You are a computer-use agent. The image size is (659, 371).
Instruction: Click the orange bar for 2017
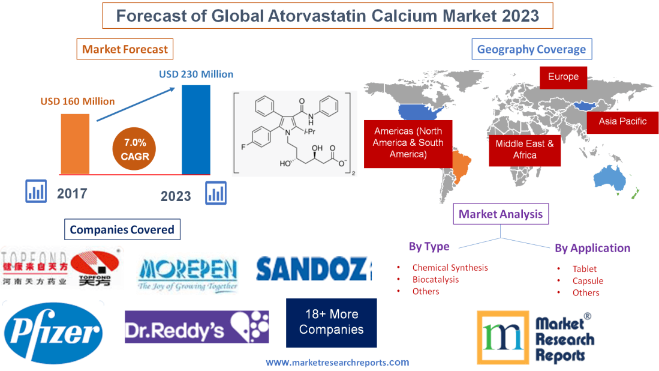click(x=75, y=143)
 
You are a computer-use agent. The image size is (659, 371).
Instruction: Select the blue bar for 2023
click(x=196, y=129)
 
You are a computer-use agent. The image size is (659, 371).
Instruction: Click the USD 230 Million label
click(x=195, y=74)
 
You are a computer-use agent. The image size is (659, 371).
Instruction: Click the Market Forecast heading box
click(x=125, y=49)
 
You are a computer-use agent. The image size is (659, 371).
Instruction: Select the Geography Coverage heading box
click(x=531, y=49)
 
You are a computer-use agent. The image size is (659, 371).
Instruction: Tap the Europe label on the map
click(x=562, y=76)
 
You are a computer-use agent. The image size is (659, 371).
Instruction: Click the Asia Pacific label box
click(x=622, y=121)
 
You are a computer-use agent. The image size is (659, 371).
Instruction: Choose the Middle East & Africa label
click(x=524, y=149)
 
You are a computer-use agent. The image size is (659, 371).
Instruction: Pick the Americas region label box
click(x=408, y=142)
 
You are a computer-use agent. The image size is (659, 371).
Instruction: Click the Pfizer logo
click(x=53, y=332)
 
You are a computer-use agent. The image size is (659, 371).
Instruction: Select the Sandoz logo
click(x=314, y=269)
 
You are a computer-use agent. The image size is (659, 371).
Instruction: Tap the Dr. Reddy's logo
click(x=197, y=327)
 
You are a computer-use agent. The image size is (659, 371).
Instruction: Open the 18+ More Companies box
click(x=331, y=322)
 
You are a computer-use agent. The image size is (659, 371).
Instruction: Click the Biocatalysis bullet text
click(x=435, y=279)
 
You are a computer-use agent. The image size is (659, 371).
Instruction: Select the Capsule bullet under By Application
click(x=588, y=280)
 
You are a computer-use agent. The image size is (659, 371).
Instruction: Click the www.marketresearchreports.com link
click(x=338, y=362)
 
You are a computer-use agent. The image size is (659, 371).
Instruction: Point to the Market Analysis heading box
click(x=501, y=214)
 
